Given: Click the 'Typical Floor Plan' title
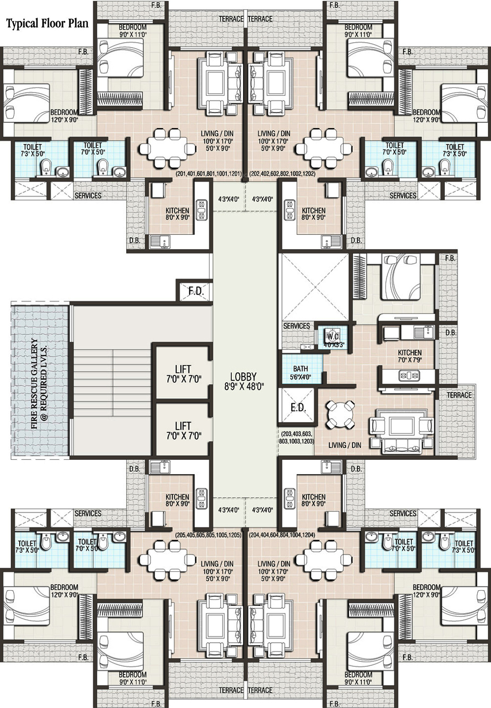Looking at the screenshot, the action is click(x=48, y=24).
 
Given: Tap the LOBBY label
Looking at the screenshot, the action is click(x=243, y=376).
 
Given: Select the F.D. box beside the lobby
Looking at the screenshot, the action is click(x=194, y=290).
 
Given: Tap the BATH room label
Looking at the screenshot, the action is click(x=300, y=368).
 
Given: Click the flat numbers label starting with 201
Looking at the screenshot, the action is click(x=209, y=174).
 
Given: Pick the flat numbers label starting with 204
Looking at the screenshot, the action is click(x=282, y=535).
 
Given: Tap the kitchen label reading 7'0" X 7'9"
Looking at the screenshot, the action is click(x=410, y=359).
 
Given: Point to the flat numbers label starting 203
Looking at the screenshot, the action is click(x=297, y=437).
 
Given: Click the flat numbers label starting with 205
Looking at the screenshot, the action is click(x=209, y=535).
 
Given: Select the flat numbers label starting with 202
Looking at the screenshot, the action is click(x=282, y=174).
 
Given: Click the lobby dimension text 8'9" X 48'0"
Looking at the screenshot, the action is click(x=244, y=386).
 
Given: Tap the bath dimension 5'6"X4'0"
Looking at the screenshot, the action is click(x=300, y=377).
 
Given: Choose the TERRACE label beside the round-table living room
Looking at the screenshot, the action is click(x=459, y=395).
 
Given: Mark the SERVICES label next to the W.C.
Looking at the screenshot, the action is click(x=297, y=326).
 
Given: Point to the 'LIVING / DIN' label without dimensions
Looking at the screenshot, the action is click(x=345, y=445).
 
